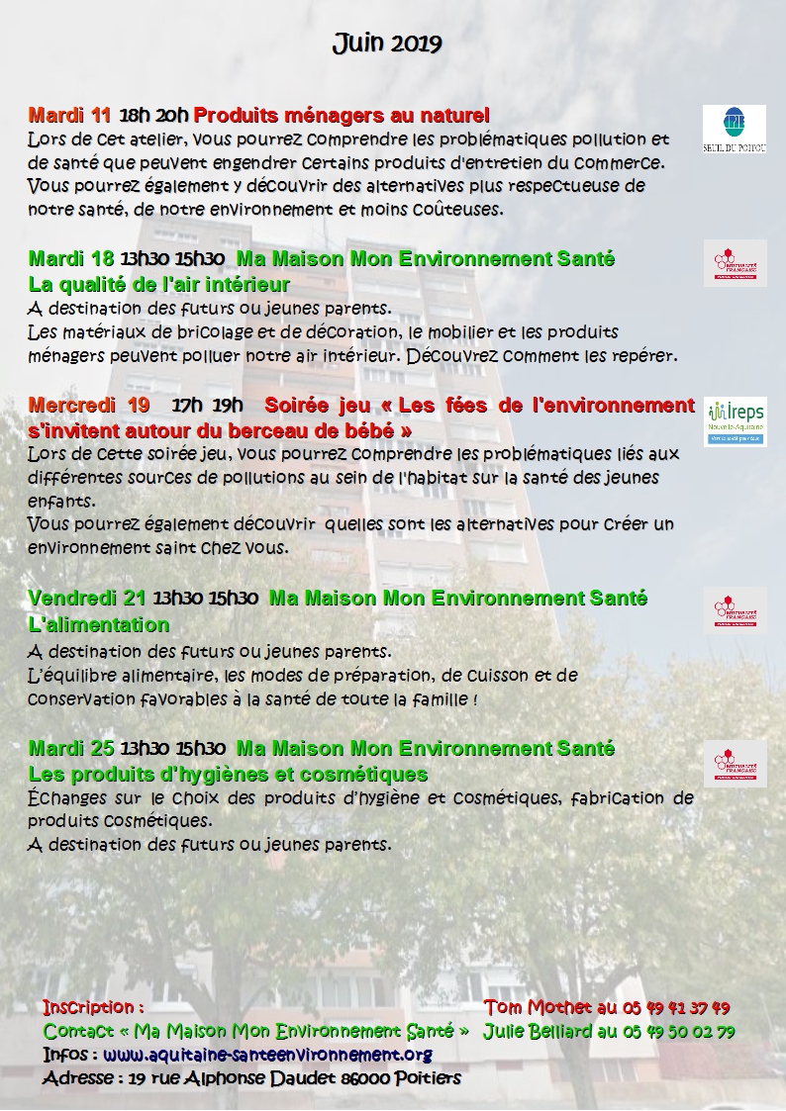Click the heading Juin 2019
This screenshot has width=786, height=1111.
tap(386, 44)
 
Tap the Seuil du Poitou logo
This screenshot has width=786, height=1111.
tap(735, 130)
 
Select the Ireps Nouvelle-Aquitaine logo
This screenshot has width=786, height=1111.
tap(735, 422)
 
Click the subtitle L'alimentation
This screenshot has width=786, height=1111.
tap(99, 624)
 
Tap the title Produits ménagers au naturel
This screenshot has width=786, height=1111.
tap(342, 114)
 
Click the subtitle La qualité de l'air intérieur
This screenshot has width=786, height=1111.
tap(158, 285)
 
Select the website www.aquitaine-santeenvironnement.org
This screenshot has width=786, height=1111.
tap(267, 1054)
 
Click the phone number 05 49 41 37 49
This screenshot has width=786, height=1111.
tap(676, 1008)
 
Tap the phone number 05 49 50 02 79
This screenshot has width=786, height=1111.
tap(678, 1031)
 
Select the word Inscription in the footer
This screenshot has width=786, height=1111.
tap(87, 1007)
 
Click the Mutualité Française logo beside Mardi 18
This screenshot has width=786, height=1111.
tap(735, 263)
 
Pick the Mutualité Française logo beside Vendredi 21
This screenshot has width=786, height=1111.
tap(735, 609)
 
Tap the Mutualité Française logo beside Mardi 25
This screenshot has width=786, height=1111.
tap(735, 763)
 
